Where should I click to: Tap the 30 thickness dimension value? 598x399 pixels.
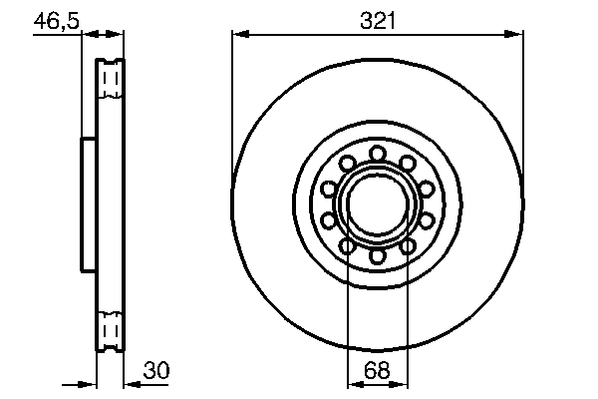[x=156, y=370]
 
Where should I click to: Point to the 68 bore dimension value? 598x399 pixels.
[x=377, y=370]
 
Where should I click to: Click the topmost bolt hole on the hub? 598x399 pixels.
[x=378, y=153]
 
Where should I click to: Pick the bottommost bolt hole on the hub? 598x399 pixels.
[x=378, y=257]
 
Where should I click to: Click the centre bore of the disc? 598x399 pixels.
[x=378, y=204]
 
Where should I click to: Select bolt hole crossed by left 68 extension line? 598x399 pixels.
[x=347, y=246]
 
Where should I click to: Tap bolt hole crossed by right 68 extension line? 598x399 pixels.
[x=409, y=246]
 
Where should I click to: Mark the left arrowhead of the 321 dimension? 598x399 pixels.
[x=238, y=35]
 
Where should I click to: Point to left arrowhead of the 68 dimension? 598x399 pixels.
[x=352, y=383]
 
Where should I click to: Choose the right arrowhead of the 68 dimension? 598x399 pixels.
[x=404, y=383]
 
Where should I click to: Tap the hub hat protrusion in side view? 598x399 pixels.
[x=87, y=204]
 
